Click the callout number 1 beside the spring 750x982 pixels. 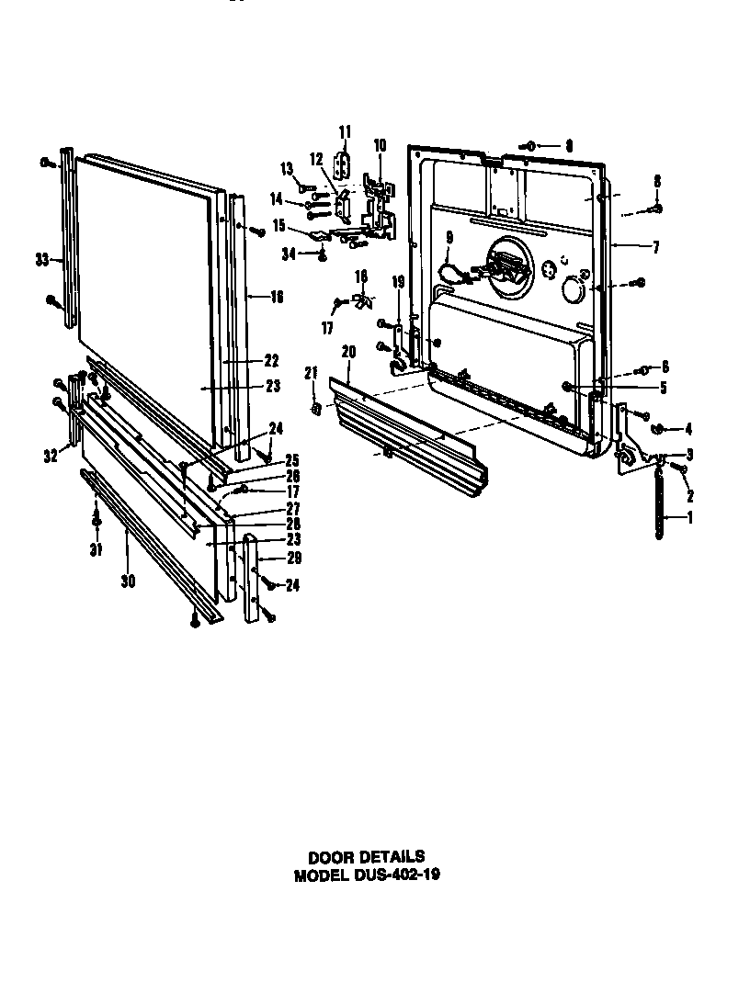[x=689, y=518]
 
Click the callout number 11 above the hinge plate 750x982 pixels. [x=345, y=131]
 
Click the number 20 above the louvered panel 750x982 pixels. [x=348, y=351]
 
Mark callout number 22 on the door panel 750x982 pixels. [x=271, y=360]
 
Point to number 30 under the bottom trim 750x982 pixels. [x=128, y=581]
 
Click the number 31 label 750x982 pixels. [x=96, y=550]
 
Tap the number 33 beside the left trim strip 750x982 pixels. [x=41, y=261]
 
